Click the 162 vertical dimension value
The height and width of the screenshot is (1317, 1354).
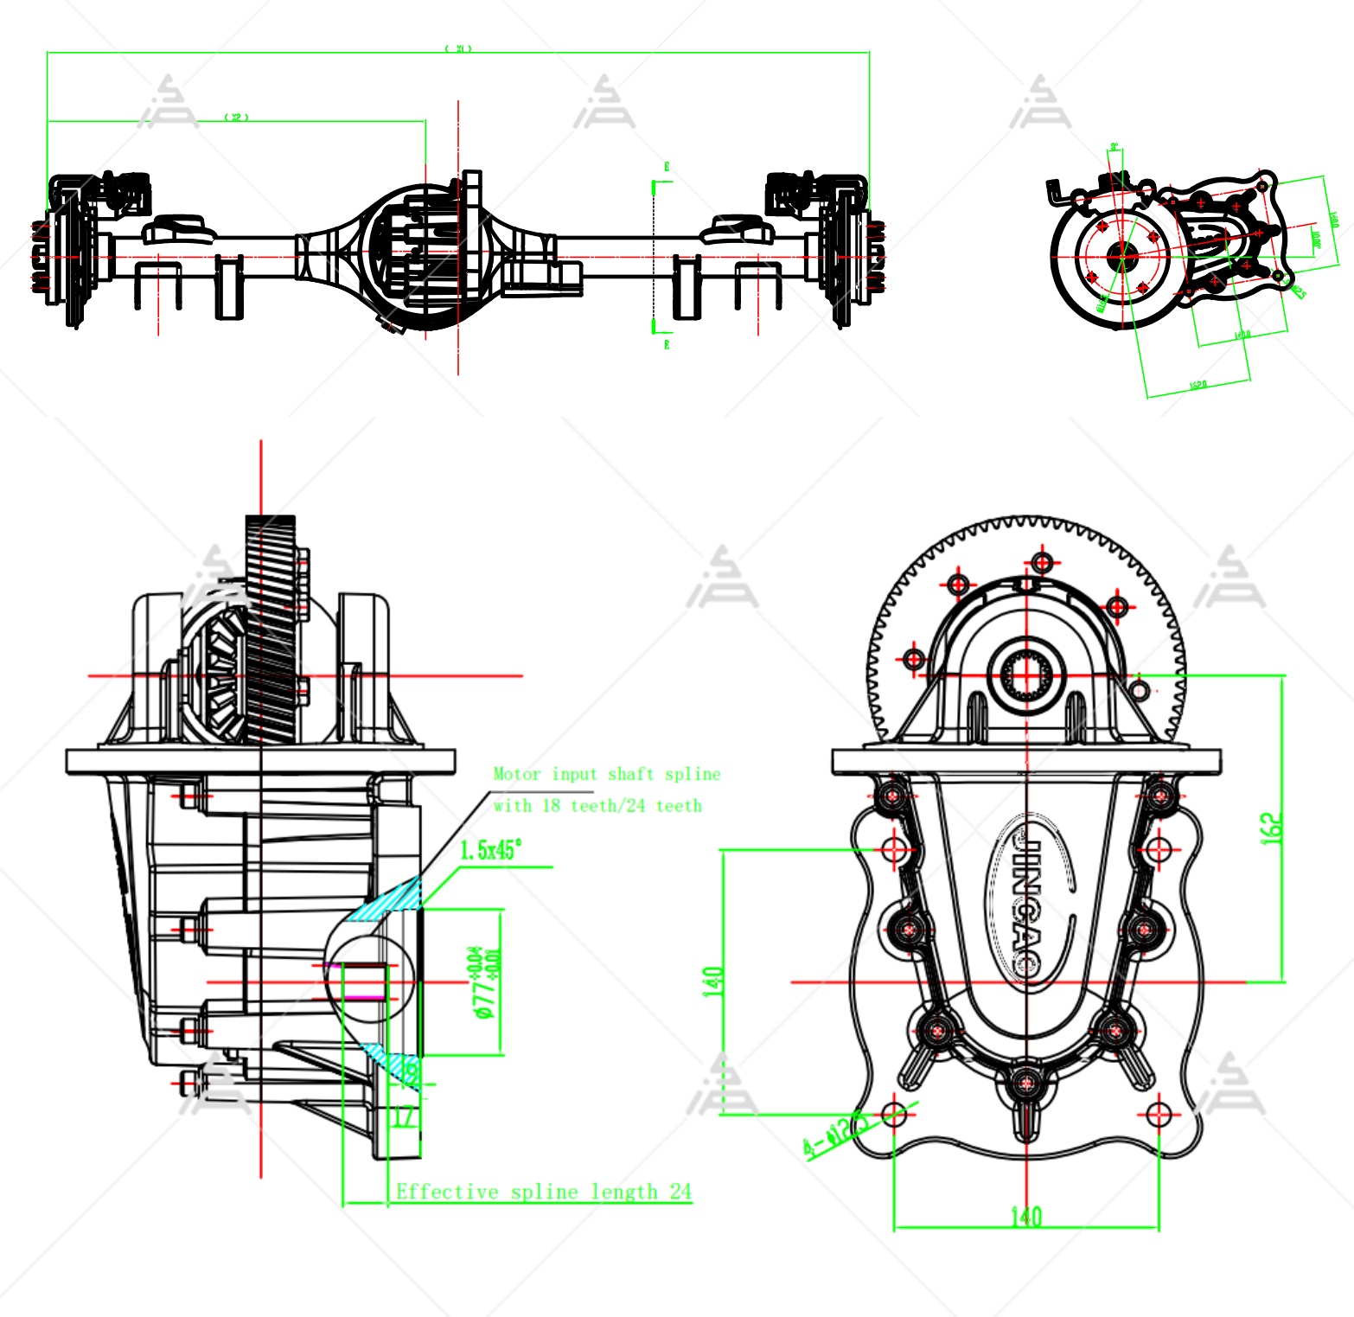(x=1272, y=828)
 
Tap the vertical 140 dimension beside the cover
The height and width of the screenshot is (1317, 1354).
(x=713, y=981)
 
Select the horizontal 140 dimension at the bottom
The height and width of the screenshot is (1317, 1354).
(x=1026, y=1217)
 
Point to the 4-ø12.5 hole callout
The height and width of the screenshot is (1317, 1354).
(x=834, y=1133)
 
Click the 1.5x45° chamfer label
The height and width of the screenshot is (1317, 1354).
(x=490, y=850)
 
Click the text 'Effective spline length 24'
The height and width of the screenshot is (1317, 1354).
(x=543, y=1192)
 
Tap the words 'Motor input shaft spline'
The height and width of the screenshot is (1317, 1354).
(x=606, y=774)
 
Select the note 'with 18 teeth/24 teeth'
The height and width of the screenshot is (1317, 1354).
(x=597, y=806)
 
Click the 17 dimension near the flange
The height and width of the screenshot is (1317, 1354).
(x=404, y=1117)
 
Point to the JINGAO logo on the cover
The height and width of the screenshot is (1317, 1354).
(x=1027, y=899)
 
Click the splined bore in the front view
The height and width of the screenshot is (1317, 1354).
(x=1027, y=674)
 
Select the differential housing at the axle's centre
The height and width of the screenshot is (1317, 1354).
(x=424, y=255)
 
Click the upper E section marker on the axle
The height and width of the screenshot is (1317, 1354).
(x=667, y=167)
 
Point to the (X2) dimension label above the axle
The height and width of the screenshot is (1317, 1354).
(x=236, y=117)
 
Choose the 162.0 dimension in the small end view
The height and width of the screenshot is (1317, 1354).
(x=1198, y=384)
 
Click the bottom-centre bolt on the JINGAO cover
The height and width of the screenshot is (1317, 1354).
(x=1025, y=1083)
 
